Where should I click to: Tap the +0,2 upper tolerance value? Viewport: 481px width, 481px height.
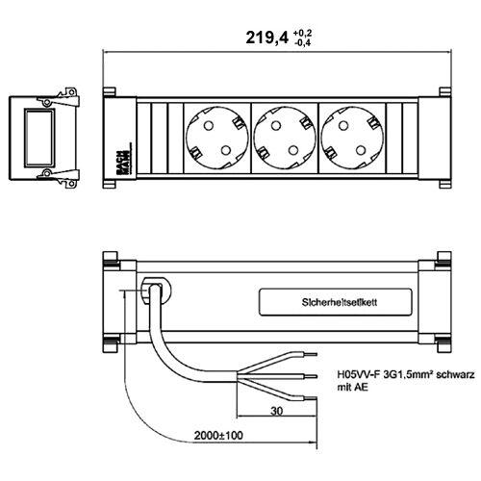pos(302,34)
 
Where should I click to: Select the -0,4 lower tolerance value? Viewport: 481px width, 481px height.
pos(302,42)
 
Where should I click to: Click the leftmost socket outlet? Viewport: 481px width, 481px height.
pos(217,138)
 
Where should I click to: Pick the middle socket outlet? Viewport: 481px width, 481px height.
pos(285,138)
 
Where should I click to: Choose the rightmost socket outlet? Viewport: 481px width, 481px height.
pos(352,138)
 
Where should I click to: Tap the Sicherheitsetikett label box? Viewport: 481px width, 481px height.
pos(336,302)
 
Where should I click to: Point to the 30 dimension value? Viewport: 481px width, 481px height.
pos(276,411)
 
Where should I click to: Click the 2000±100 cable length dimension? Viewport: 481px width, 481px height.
pos(218,435)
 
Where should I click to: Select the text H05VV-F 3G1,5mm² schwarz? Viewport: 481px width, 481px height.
pos(406,374)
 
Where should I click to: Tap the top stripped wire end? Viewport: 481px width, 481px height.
pos(311,354)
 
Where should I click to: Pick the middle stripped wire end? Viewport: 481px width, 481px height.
pos(311,376)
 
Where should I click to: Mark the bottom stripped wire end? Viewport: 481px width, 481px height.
pos(311,398)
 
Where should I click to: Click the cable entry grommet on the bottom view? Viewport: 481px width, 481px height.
pos(156,291)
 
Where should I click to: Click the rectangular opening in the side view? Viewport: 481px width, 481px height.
pos(39,138)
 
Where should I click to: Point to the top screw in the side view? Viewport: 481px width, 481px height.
pos(47,102)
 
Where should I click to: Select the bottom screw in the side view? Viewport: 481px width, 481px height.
pos(47,173)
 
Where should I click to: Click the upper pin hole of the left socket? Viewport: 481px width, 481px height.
pos(209,125)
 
